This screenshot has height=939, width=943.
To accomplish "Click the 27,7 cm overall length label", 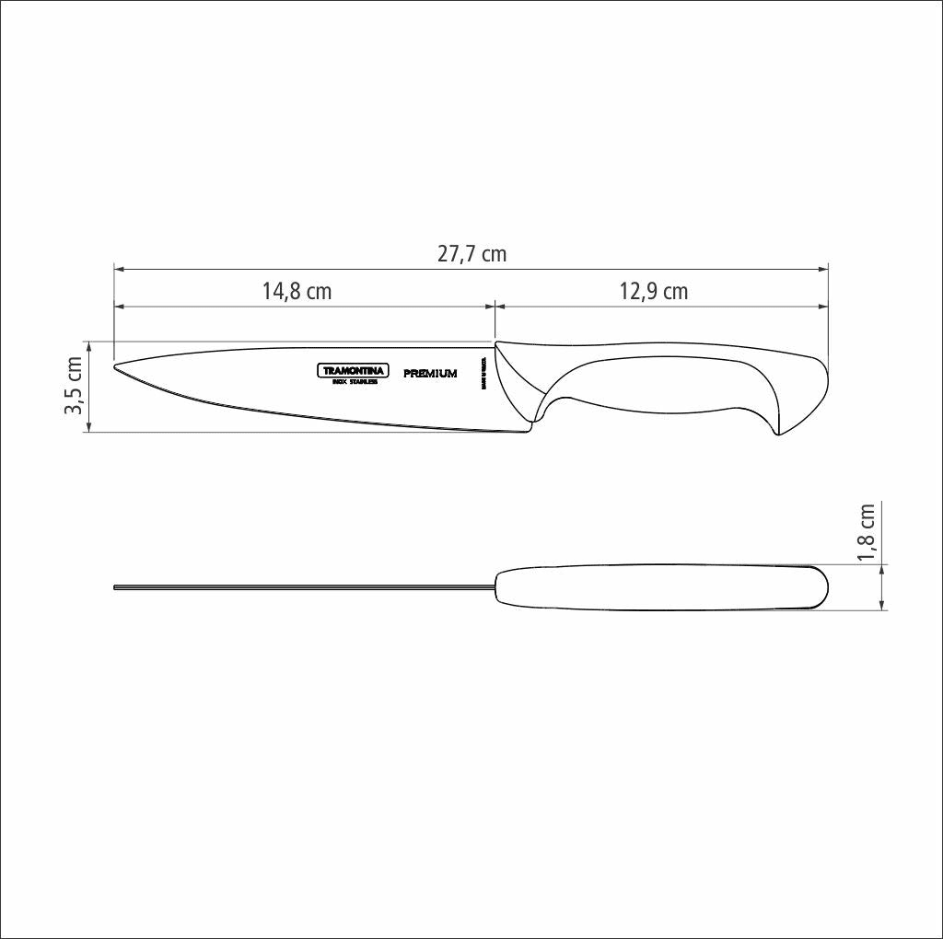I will click(471, 254).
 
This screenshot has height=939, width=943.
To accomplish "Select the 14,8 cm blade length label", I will click(297, 292).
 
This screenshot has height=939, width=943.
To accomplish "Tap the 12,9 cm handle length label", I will click(653, 292).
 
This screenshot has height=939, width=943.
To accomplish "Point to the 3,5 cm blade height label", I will click(74, 387).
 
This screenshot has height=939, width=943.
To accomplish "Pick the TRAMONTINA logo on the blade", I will click(354, 371).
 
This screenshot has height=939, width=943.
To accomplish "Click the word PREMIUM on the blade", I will click(430, 374).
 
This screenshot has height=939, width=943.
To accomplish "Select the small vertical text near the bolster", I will click(483, 372).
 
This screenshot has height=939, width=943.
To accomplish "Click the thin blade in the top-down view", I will click(304, 586).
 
